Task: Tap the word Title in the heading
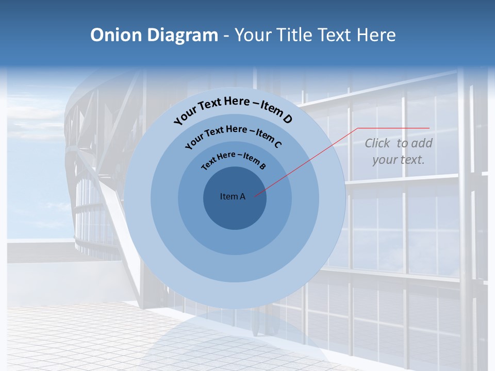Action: click(x=295, y=35)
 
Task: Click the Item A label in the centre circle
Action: click(x=233, y=196)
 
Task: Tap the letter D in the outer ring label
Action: click(x=287, y=119)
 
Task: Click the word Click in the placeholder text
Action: click(x=378, y=143)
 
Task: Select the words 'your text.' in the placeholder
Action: click(x=399, y=160)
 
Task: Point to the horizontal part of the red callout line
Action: click(x=394, y=128)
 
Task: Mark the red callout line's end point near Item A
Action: click(x=255, y=196)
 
